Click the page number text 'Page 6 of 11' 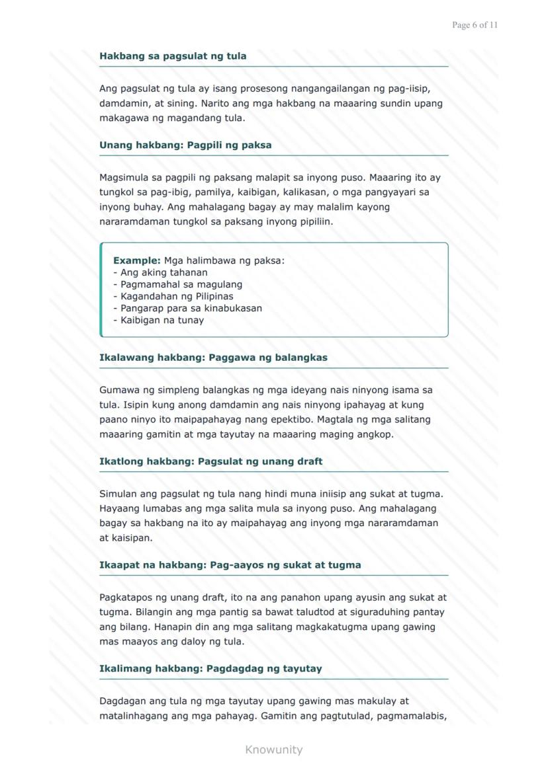tap(475, 25)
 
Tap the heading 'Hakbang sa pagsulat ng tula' tap(173, 56)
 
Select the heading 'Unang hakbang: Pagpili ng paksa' tap(185, 145)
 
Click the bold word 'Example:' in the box tap(136, 260)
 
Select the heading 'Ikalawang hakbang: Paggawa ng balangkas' tap(213, 358)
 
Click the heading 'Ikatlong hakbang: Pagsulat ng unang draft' tap(210, 461)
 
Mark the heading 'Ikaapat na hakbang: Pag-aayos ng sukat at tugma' tap(230, 565)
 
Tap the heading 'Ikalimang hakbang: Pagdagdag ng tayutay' tap(210, 668)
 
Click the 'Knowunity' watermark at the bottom tap(273, 750)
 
